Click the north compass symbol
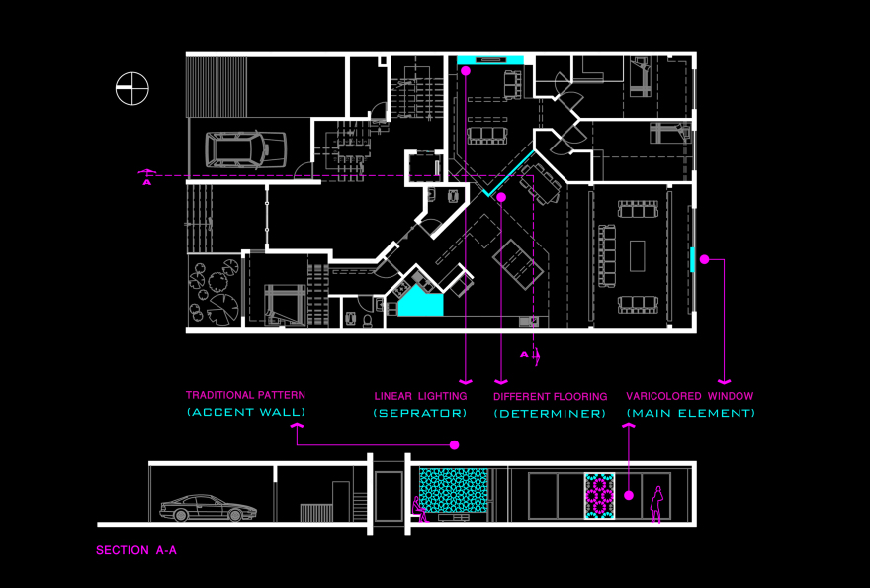click(131, 89)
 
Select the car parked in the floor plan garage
click(237, 148)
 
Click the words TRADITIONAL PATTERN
click(245, 395)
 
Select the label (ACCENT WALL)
click(245, 412)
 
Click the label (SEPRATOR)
click(419, 413)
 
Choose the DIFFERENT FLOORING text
click(550, 396)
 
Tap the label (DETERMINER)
click(550, 413)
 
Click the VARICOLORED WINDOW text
click(690, 396)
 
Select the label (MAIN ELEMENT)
click(690, 413)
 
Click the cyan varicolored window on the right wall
click(692, 259)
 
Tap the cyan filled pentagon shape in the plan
click(419, 302)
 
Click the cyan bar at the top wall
click(490, 60)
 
